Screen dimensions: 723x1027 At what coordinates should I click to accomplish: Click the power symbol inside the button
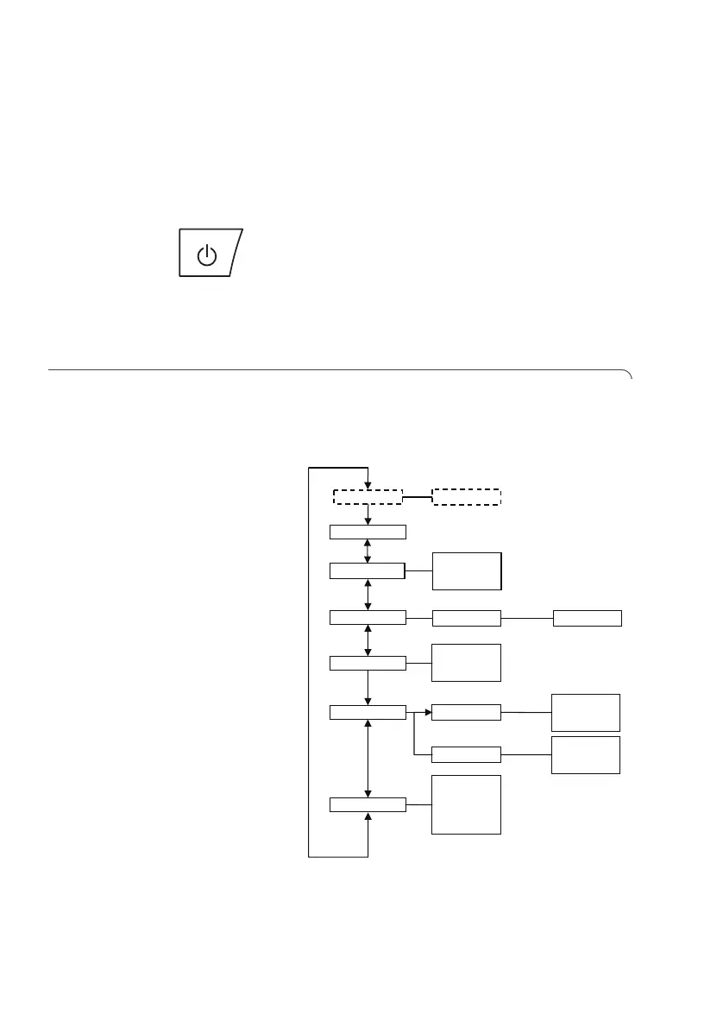coord(205,255)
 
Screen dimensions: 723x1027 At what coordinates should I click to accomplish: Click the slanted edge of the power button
coord(237,253)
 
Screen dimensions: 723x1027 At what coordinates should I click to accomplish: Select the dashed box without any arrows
coord(466,496)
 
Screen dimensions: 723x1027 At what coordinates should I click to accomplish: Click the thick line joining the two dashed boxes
coord(418,497)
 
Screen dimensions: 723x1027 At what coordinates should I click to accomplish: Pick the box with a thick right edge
coord(466,570)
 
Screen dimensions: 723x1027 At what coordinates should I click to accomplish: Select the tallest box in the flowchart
coord(466,804)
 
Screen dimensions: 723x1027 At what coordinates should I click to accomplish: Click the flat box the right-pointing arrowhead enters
coord(466,713)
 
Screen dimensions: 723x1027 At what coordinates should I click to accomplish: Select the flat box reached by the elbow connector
coord(466,754)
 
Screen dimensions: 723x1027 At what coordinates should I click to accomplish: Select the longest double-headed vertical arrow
coord(368,759)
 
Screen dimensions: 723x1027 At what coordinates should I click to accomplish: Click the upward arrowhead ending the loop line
coord(368,816)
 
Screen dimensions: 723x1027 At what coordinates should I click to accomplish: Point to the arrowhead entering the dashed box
coord(368,485)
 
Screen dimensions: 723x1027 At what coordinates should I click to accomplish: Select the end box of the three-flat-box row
coord(587,618)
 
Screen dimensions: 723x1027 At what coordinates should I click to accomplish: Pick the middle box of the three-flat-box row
coord(466,618)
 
